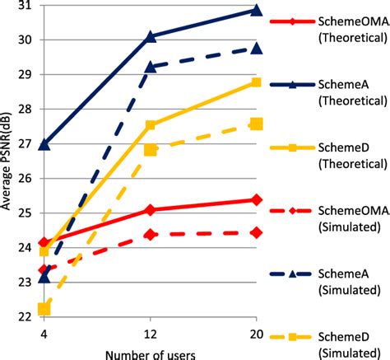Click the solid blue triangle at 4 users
coord(44,144)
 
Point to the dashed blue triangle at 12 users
coord(151,68)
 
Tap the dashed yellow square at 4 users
coord(44,310)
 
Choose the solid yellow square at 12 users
coord(151,125)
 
